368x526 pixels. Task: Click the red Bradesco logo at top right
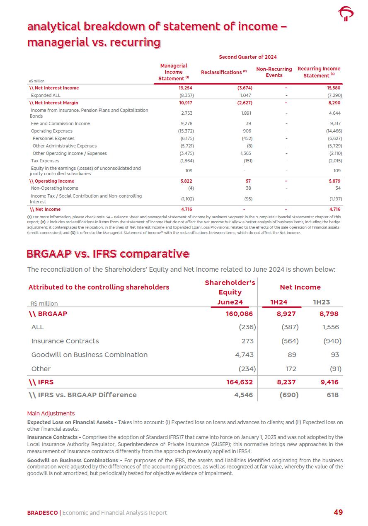click(x=346, y=14)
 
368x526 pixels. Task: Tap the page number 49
click(x=338, y=512)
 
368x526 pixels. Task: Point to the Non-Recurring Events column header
click(x=274, y=72)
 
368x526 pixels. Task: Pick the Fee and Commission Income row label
click(x=60, y=123)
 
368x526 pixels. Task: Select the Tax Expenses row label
click(x=45, y=161)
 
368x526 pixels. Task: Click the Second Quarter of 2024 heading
click(x=247, y=57)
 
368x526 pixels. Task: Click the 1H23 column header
click(x=321, y=302)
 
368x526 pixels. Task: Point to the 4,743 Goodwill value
click(x=245, y=355)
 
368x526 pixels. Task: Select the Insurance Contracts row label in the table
click(x=65, y=341)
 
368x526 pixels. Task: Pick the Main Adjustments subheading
click(x=51, y=413)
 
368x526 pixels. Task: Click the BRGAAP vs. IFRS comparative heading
click(x=108, y=253)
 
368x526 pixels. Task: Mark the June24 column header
click(x=230, y=302)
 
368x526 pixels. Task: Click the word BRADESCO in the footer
click(x=42, y=513)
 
